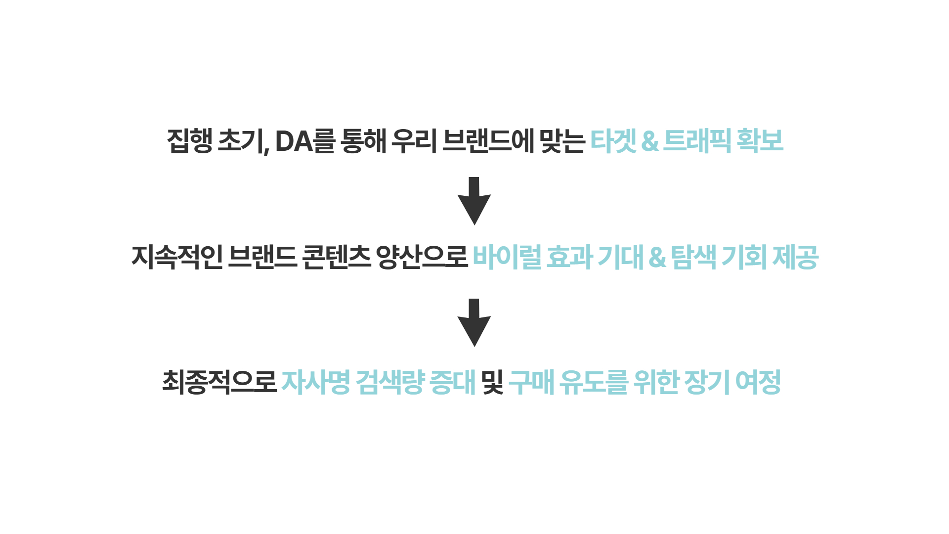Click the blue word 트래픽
696,141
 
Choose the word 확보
760,141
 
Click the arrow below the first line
474,200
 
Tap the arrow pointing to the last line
474,322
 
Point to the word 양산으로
422,257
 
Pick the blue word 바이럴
507,257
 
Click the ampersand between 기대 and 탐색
657,257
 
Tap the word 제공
795,257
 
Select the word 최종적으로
219,382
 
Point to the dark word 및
492,382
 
